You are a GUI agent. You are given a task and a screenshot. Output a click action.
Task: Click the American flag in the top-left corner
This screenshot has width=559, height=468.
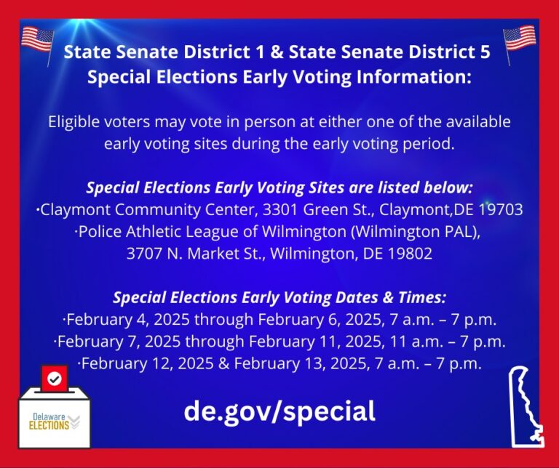coord(37,40)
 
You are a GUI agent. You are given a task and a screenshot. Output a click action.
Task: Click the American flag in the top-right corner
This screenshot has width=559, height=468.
coord(520,39)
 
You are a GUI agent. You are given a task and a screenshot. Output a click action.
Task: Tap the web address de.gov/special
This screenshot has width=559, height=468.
coord(279,411)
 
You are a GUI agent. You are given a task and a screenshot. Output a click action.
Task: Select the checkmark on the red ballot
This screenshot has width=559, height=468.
coord(54,379)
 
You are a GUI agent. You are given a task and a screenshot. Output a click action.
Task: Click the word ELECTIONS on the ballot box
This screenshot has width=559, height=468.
coord(49,425)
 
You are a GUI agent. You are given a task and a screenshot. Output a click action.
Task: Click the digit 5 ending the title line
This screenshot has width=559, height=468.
coord(485,52)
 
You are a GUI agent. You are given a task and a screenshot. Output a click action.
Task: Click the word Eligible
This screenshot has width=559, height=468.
coord(74,121)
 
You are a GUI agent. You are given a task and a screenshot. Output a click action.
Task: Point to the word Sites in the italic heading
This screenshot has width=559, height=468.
coord(326,187)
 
